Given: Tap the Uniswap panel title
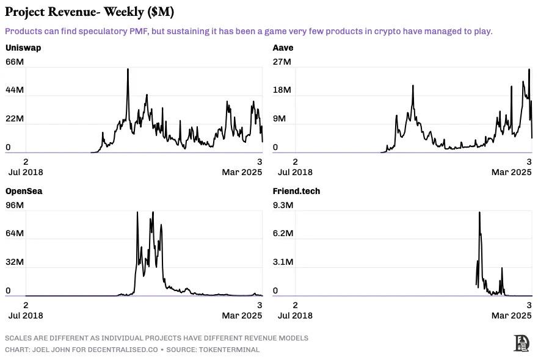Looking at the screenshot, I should point(23,48).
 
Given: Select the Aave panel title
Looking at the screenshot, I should point(283,48).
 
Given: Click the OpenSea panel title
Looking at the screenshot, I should point(24,191).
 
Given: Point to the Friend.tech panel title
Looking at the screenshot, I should point(296,191).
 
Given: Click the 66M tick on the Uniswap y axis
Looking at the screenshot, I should point(15,62).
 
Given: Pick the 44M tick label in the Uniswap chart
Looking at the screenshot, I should point(15,90).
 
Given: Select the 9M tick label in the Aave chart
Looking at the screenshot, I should point(279,118).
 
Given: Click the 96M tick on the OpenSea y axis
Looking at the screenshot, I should point(15,205).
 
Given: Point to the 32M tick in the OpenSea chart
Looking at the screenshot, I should point(15,262).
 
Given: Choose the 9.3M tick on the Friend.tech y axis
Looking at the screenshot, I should point(283,205).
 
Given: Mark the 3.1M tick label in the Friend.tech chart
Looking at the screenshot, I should point(283,262).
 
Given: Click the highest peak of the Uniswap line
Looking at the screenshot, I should point(128,70).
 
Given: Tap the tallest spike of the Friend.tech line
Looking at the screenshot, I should point(479,213).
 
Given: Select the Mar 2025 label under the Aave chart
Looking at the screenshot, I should point(512,172).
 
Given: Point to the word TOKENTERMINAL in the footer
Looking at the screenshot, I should point(231,350).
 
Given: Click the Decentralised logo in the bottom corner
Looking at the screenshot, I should point(522,343).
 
